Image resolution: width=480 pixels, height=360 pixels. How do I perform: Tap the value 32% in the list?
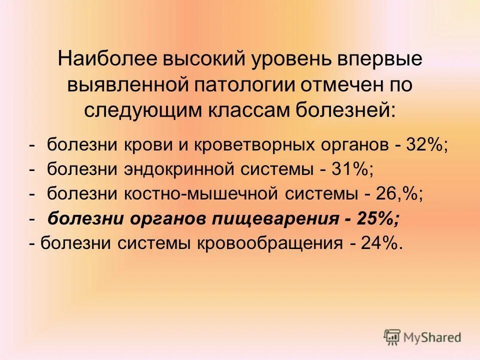click(x=427, y=146)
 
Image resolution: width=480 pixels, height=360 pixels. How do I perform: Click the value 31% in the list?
click(x=353, y=170)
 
